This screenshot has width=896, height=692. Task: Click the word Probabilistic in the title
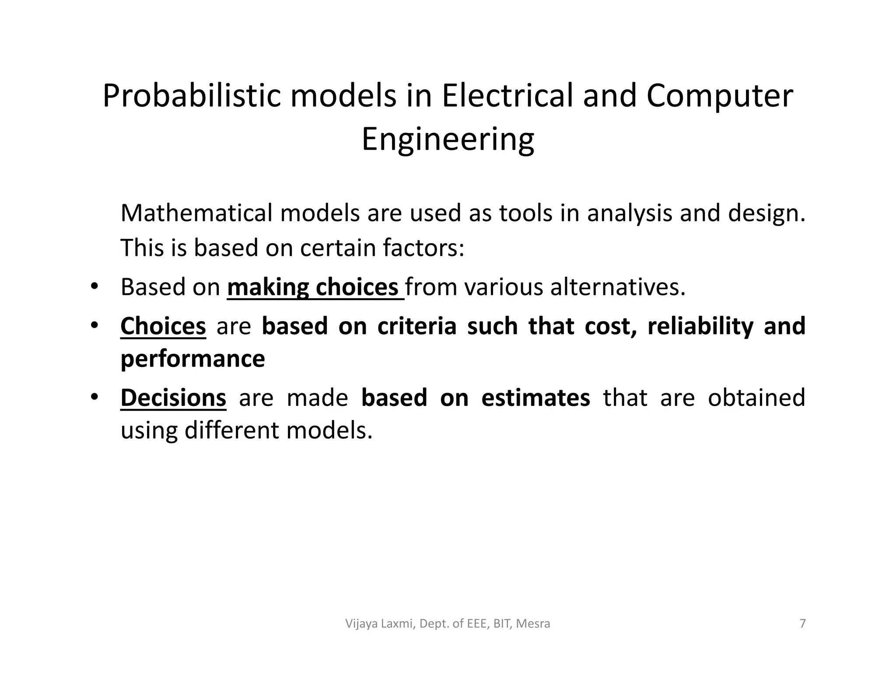(x=192, y=97)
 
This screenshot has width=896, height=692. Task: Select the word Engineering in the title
(x=448, y=140)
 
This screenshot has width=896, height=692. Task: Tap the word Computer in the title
(x=719, y=97)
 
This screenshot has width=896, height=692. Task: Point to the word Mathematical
(x=196, y=213)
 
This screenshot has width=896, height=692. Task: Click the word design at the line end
(x=766, y=213)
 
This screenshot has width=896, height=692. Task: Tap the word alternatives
(x=617, y=287)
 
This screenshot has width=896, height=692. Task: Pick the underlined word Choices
(x=163, y=326)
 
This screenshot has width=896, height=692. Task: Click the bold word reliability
(x=700, y=326)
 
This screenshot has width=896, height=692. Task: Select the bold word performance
(x=192, y=359)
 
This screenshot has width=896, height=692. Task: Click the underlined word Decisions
(x=173, y=398)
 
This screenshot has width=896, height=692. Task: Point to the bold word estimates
(x=535, y=398)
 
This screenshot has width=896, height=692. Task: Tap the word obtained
(x=756, y=398)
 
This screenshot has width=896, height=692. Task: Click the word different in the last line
(x=231, y=430)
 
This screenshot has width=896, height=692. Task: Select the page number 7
(x=802, y=623)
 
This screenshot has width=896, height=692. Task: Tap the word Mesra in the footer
(x=533, y=623)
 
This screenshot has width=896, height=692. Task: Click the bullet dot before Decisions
(x=94, y=397)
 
